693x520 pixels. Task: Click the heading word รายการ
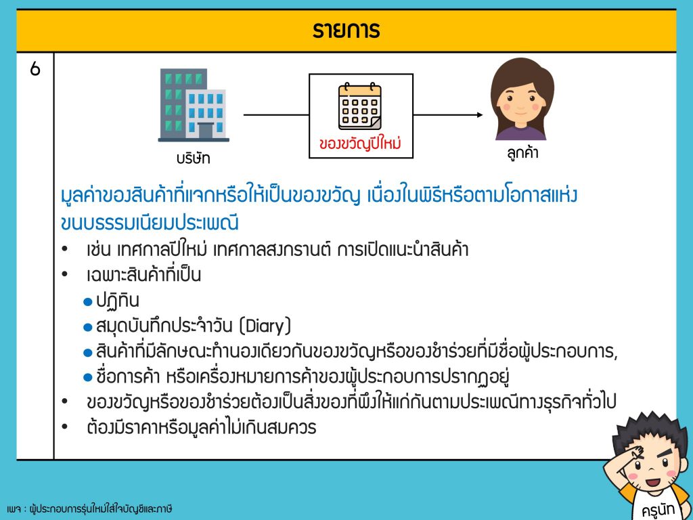tap(346, 30)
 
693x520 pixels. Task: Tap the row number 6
tap(35, 69)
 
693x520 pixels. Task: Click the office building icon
tap(194, 105)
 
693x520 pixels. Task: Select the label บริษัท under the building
tap(193, 158)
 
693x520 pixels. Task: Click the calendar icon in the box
tap(360, 106)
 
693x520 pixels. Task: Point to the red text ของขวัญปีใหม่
tap(360, 144)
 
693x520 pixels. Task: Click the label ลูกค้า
tap(522, 153)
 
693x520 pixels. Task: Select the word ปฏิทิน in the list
tap(118, 301)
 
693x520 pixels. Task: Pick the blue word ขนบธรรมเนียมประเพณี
tap(150, 222)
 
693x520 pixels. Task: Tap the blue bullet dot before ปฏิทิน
tap(87, 303)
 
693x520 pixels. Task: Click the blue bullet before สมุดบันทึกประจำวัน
tap(87, 328)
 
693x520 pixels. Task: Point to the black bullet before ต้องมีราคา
tap(65, 427)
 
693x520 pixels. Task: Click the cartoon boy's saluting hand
tap(636, 453)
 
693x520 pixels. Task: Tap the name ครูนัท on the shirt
tap(658, 509)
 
